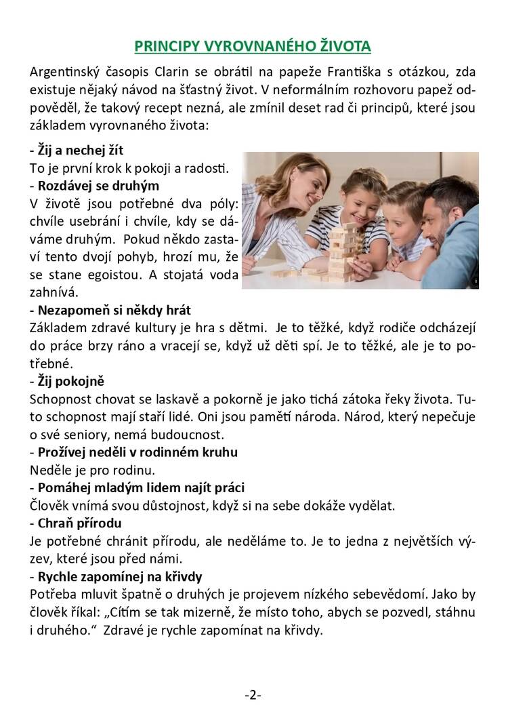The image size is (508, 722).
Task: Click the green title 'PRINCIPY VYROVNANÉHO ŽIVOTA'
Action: pos(253,46)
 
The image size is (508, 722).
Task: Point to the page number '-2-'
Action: pos(253,695)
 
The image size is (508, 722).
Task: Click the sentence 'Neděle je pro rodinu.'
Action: pos(83,469)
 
